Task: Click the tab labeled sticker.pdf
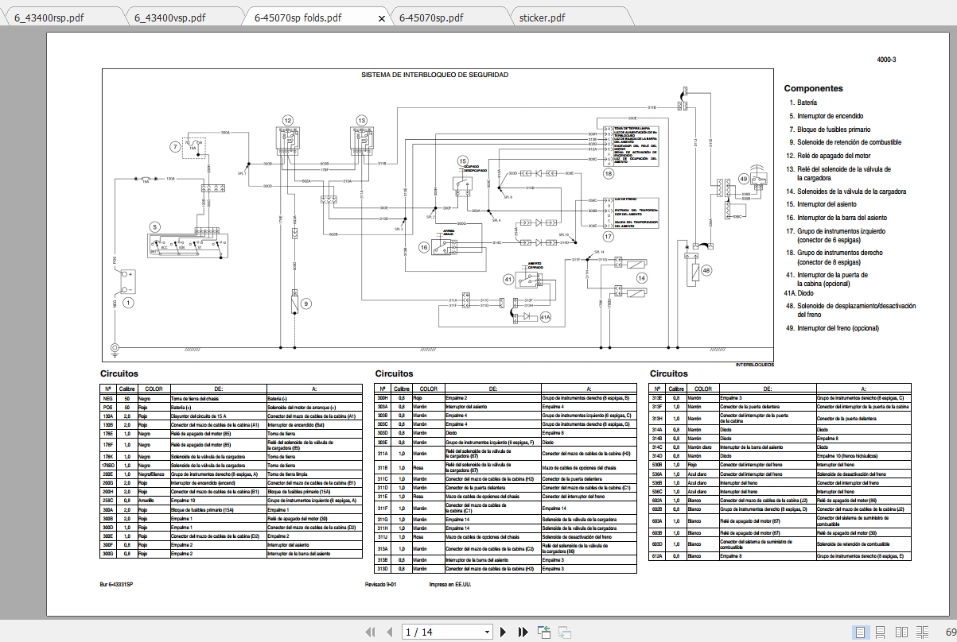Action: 542,17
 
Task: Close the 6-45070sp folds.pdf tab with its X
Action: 382,18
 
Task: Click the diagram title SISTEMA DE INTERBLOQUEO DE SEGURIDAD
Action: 435,75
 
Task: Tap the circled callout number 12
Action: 287,120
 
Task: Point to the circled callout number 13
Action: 361,120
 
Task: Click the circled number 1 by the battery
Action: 129,302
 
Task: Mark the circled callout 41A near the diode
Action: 545,318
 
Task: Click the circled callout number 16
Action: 424,248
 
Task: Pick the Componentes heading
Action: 813,88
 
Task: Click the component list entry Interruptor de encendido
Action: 830,116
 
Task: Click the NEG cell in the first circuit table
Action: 108,398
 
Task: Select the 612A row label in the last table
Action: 657,556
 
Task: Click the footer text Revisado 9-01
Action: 380,585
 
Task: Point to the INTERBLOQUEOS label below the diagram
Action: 754,365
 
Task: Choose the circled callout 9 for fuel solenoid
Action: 306,303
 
